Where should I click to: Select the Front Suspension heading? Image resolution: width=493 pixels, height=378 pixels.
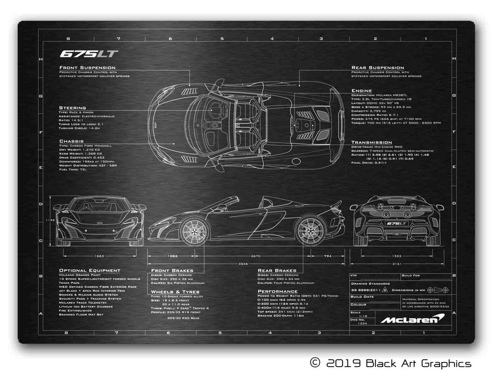coord(87,67)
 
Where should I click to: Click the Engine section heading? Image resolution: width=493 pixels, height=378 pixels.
coord(362,90)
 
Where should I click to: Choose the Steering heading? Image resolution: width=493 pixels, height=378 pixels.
coord(73,107)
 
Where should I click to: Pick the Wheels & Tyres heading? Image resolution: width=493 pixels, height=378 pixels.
coord(176,291)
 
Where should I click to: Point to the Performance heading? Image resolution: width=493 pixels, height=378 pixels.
coord(278,291)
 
